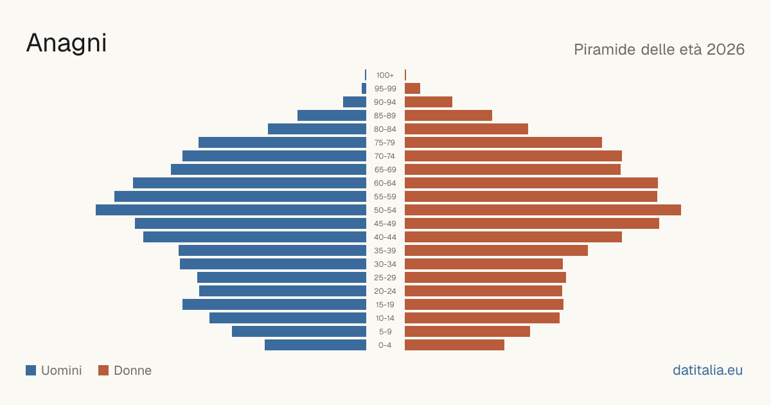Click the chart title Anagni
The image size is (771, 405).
click(66, 44)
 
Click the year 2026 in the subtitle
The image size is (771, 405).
click(725, 50)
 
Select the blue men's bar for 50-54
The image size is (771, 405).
click(231, 210)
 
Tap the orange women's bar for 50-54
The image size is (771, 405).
click(543, 210)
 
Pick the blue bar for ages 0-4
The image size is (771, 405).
click(315, 345)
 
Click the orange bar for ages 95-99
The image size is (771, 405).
click(412, 89)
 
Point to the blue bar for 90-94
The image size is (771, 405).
click(355, 102)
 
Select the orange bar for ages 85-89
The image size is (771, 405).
click(448, 115)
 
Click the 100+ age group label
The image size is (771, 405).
click(385, 75)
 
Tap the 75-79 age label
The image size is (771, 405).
click(385, 143)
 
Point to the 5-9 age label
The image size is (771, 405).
click(385, 332)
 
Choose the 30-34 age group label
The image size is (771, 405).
click(385, 264)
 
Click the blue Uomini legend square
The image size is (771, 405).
click(31, 370)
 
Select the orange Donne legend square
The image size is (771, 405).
click(103, 370)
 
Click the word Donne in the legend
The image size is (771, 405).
click(132, 370)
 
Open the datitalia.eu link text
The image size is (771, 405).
click(707, 370)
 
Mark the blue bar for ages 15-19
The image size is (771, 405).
click(274, 305)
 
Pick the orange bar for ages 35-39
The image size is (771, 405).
click(496, 250)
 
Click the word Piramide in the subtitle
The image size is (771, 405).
click(605, 50)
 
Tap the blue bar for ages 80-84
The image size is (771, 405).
click(317, 129)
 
